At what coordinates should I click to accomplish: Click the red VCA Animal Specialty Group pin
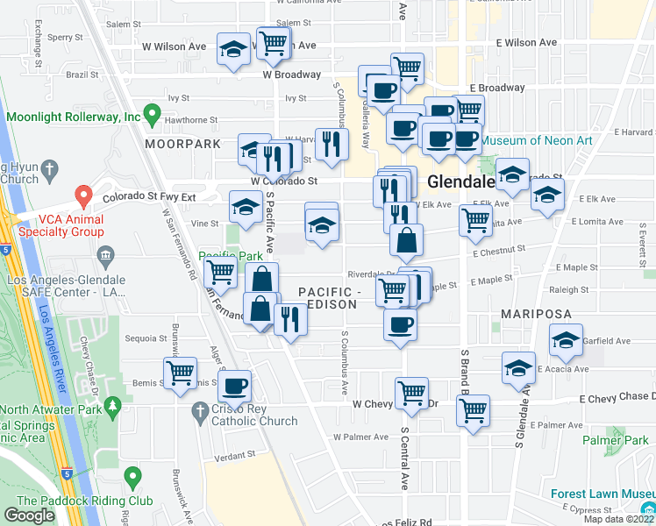[x=83, y=195]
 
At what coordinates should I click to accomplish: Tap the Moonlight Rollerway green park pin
[x=151, y=113]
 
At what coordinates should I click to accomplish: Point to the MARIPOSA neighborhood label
[x=536, y=314]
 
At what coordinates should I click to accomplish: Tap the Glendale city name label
[x=463, y=182]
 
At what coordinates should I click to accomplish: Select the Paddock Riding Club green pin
[x=132, y=477]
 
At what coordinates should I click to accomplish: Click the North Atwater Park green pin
[x=112, y=407]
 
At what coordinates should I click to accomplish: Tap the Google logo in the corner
[x=29, y=515]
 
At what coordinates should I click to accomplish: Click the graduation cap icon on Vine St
[x=246, y=207]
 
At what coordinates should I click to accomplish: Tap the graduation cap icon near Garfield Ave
[x=566, y=340]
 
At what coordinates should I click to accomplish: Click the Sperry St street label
[x=65, y=38]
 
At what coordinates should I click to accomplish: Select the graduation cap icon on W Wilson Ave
[x=234, y=50]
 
